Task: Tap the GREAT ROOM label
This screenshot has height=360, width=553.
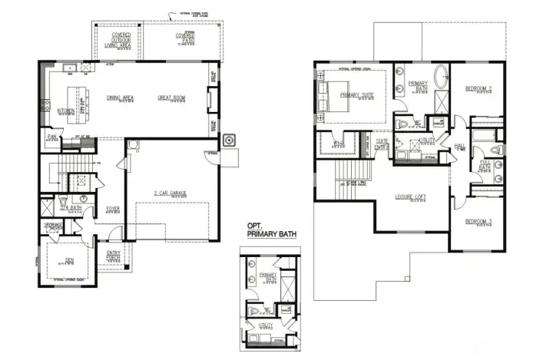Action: tap(172, 98)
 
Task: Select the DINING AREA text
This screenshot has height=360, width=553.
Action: tap(121, 98)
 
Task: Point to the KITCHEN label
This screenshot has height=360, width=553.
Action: tap(66, 111)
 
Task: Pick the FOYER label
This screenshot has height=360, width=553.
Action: tap(113, 208)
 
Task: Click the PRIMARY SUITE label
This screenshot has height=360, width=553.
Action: tap(356, 95)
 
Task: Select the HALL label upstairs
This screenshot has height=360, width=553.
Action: tap(460, 145)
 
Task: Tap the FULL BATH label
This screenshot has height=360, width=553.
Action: tap(485, 166)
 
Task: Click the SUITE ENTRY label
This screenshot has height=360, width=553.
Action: tap(382, 144)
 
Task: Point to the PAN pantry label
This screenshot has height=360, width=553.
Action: tap(53, 137)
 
